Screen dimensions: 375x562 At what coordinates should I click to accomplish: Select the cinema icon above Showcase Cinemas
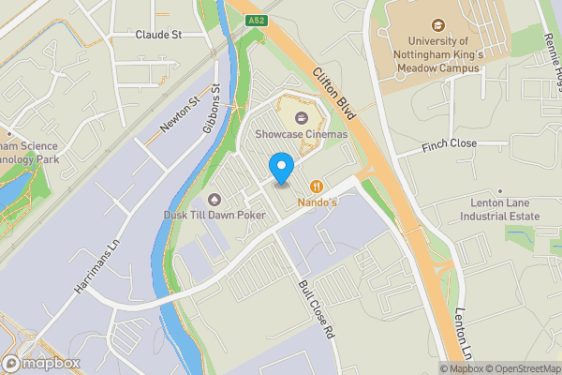click(302, 118)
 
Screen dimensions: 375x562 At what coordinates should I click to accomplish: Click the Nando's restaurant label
click(318, 202)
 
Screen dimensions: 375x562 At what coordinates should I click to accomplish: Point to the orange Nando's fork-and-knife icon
click(318, 186)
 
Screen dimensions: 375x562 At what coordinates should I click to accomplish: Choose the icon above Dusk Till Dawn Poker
click(215, 199)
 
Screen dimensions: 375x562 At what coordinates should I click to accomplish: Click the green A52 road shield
click(256, 19)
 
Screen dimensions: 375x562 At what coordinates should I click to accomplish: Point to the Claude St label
click(158, 34)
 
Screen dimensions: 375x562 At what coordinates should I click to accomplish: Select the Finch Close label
click(450, 144)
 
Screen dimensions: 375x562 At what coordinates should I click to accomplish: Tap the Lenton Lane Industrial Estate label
click(500, 209)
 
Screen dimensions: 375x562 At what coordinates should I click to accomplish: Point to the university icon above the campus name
click(436, 26)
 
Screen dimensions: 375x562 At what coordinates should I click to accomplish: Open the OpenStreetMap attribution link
click(521, 368)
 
